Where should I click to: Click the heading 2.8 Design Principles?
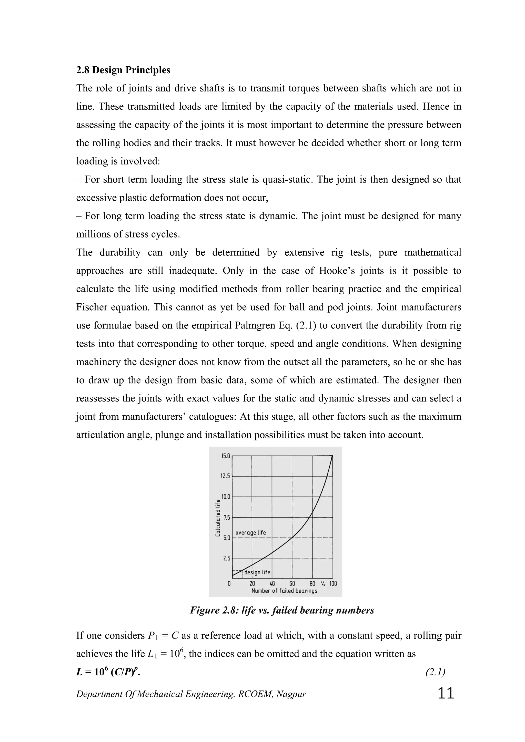tap(123, 70)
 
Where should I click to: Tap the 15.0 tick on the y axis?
tap(225, 456)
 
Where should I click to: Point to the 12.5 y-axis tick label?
tap(225, 476)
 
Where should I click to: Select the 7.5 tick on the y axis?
tap(226, 517)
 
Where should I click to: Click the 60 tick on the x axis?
tap(292, 584)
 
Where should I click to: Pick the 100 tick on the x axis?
tap(333, 584)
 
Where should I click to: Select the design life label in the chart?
tap(257, 572)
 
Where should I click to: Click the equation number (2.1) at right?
tap(435, 672)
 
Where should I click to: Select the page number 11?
tap(446, 694)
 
